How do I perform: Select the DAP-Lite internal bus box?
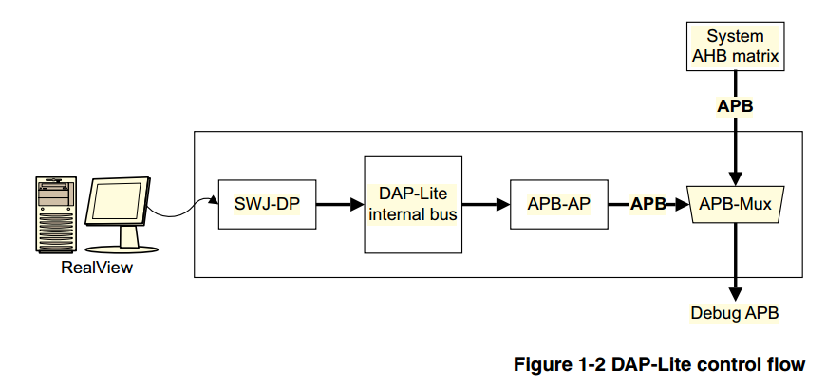click(413, 204)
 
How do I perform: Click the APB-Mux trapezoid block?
click(736, 203)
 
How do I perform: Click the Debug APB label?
click(735, 312)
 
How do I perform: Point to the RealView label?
click(97, 268)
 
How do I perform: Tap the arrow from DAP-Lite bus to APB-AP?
click(485, 203)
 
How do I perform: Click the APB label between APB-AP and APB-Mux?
click(648, 203)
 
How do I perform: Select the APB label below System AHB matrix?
click(735, 106)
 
